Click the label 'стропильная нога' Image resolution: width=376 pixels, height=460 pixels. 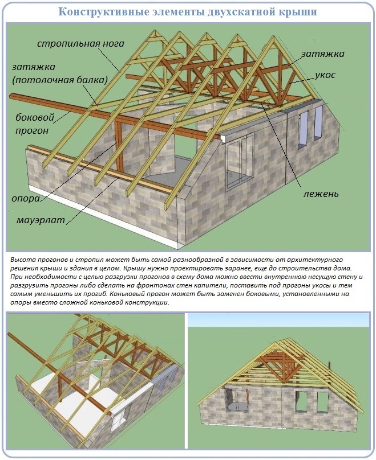click(80, 44)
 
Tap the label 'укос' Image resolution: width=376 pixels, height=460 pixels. click(325, 75)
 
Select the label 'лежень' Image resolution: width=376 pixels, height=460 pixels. click(321, 194)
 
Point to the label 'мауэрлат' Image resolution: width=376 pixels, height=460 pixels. click(41, 220)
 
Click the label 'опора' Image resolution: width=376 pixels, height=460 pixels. click(26, 199)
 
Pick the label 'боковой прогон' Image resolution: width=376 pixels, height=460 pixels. click(35, 124)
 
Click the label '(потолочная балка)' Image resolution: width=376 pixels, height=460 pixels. click(60, 80)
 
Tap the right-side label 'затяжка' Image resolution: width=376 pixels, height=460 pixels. click(322, 54)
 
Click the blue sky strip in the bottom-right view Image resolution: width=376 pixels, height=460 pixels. click(278, 321)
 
